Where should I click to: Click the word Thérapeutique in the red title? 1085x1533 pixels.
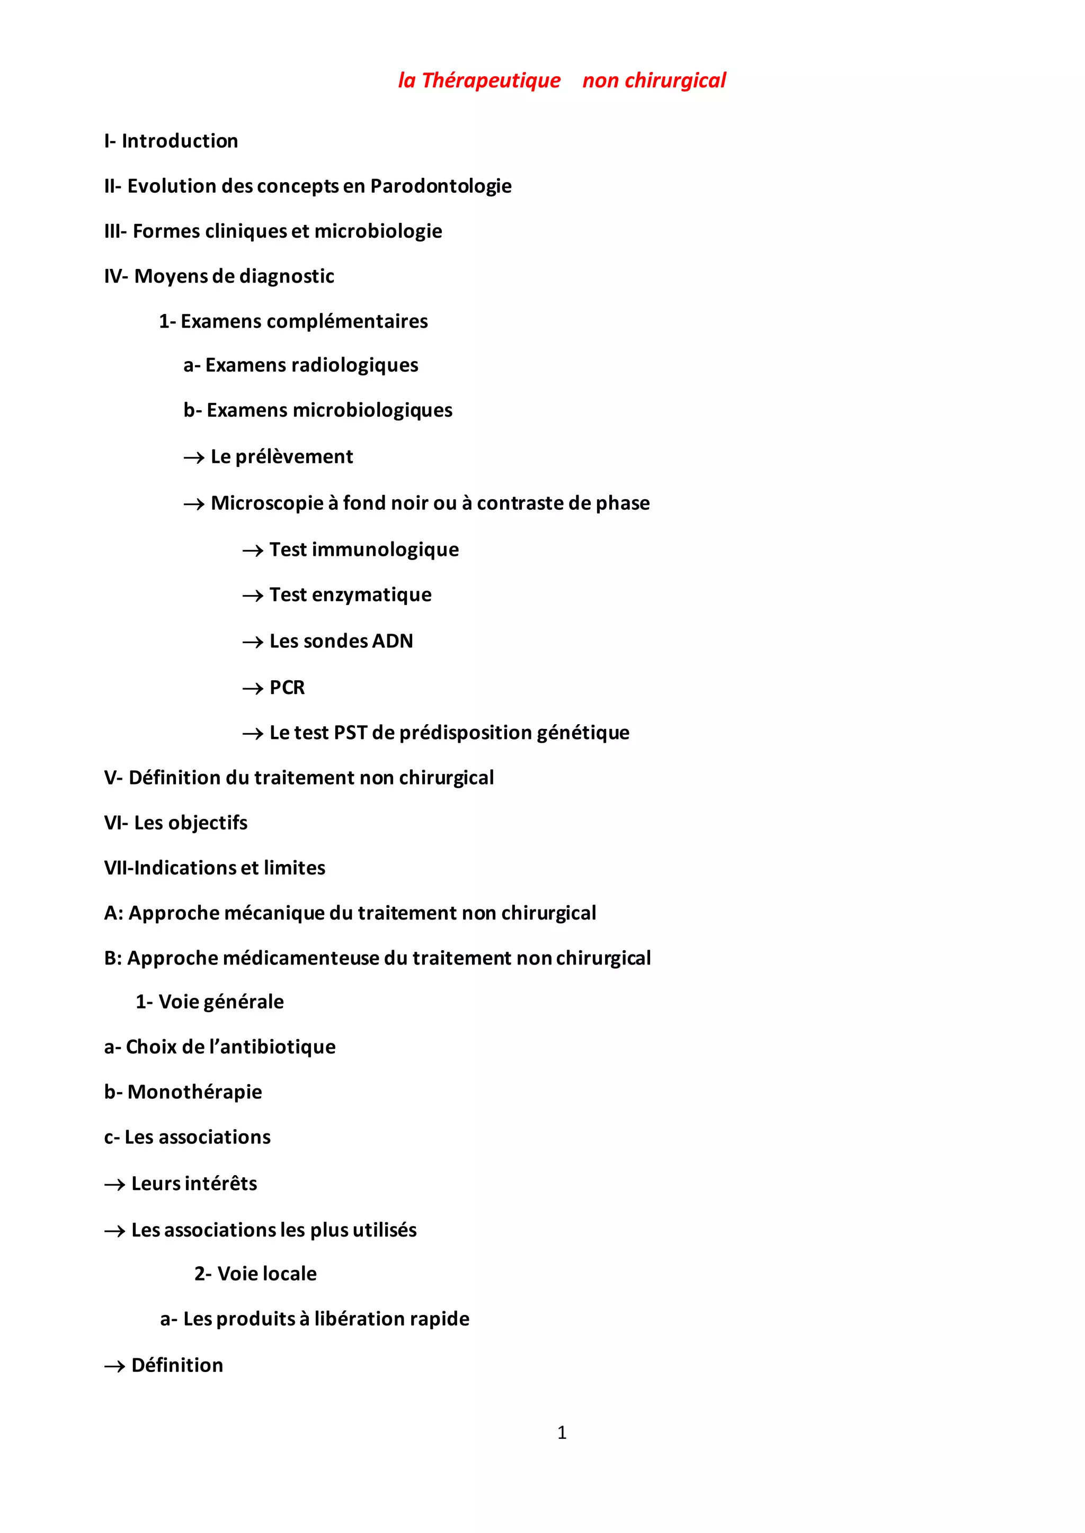(x=491, y=81)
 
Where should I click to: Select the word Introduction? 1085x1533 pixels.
(x=180, y=141)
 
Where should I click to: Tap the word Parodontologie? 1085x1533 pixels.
(x=441, y=186)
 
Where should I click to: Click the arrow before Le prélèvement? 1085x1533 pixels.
(x=194, y=458)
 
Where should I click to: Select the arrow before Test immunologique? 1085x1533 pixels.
(x=253, y=551)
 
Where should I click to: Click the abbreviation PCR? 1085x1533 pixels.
(x=287, y=688)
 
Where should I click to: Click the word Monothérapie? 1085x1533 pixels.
(x=194, y=1093)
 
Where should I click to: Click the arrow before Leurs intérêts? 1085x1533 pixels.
(x=115, y=1185)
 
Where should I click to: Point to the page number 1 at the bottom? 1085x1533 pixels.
(x=562, y=1432)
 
